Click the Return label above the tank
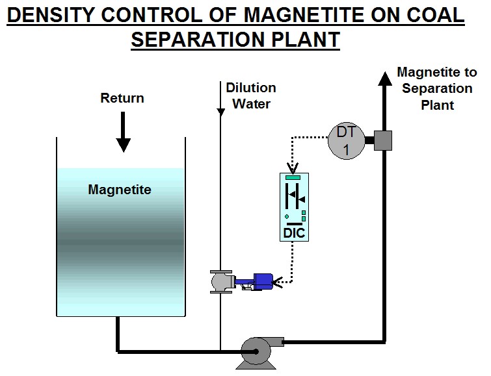pos(122,99)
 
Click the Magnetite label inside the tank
pos(120,190)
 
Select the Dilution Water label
pos(251,95)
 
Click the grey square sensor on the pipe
pos(382,140)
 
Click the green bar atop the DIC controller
pos(293,177)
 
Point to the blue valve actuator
pos(261,281)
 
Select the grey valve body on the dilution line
pos(220,281)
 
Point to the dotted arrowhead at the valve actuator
pos(278,282)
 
